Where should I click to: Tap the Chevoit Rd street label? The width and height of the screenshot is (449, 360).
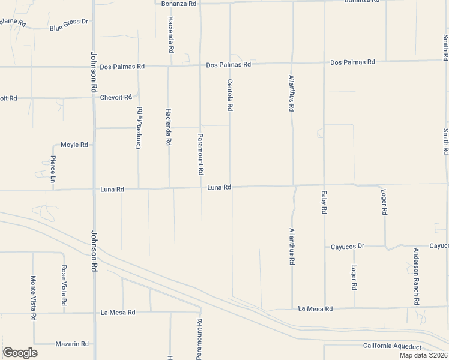116,97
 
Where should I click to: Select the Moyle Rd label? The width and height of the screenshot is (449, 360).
74,145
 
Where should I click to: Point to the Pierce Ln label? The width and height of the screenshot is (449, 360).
53,167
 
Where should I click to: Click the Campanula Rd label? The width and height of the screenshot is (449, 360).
139,126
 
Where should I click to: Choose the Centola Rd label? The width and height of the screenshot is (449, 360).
230,95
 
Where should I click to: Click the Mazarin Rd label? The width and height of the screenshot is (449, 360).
72,344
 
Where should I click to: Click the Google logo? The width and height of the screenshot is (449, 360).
20,353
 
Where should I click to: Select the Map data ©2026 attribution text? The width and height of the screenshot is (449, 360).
423,355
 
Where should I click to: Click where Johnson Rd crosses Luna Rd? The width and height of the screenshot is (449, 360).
94,190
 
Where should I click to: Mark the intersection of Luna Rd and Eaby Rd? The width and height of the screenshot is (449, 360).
324,185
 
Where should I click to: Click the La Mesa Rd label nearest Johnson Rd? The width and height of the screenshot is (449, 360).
118,313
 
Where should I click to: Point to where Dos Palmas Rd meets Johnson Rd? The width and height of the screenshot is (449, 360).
94,67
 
